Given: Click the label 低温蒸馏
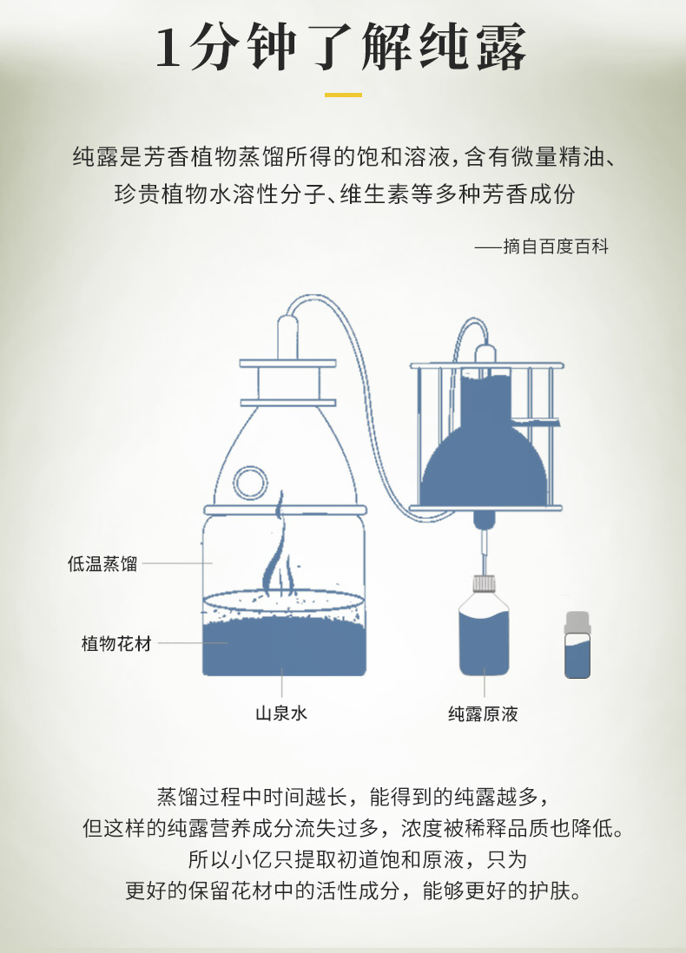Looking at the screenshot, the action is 102,564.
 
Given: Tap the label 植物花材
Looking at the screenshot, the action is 116,643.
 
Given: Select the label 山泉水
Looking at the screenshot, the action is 281,713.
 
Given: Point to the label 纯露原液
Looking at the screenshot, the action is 483,713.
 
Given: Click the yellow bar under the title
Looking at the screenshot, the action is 343,95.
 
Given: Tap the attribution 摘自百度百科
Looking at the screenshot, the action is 556,246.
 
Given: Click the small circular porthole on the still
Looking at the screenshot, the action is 250,483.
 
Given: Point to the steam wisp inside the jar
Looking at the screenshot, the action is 278,547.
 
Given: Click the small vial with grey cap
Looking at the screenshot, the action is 577,645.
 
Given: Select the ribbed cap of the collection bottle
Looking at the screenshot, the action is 484,583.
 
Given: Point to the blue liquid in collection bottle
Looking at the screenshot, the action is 484,644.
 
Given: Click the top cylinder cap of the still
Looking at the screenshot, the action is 287,336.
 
